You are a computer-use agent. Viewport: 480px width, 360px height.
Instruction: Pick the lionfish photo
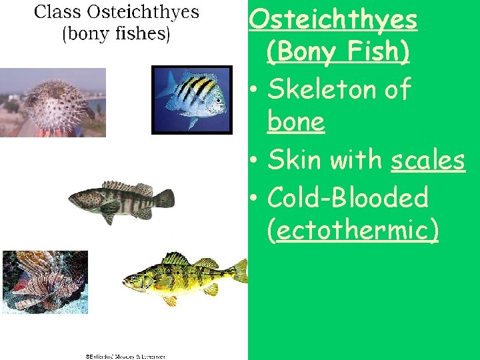point(45,281)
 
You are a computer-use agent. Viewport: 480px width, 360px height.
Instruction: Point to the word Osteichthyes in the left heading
point(145,12)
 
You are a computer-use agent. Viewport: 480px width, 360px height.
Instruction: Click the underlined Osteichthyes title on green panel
point(333,20)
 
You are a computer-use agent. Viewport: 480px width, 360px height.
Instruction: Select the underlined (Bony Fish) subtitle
point(338,52)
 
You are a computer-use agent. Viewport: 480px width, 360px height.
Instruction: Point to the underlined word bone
point(295,122)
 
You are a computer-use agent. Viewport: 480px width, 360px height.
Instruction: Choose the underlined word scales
point(427,160)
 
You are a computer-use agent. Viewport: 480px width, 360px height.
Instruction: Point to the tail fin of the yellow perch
point(240,270)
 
